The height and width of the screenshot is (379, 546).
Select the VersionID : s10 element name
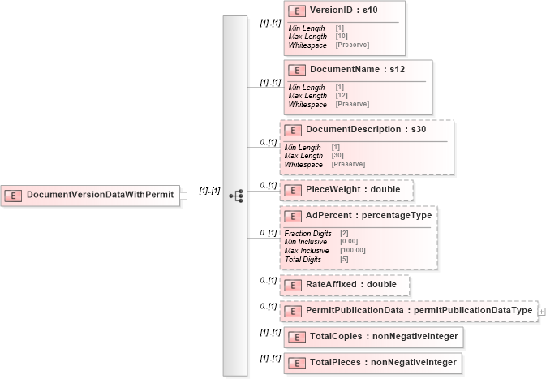[338, 11]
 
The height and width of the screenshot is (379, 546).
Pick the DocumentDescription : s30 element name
[366, 129]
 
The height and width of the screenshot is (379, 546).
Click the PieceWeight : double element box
[346, 190]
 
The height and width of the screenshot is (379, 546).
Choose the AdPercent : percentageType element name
[370, 217]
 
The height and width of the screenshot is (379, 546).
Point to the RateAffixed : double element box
[345, 285]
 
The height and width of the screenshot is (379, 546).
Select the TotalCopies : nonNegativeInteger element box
[372, 335]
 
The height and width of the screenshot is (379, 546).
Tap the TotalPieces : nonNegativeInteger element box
[373, 362]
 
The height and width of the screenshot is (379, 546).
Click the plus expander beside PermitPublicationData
[541, 310]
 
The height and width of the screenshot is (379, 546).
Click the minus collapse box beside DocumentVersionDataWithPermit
[183, 195]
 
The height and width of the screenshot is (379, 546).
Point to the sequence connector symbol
[235, 196]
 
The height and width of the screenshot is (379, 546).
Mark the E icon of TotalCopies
[297, 336]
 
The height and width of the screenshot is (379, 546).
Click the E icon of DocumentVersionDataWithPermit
[13, 195]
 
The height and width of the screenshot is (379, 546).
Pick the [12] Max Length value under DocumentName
[341, 96]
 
